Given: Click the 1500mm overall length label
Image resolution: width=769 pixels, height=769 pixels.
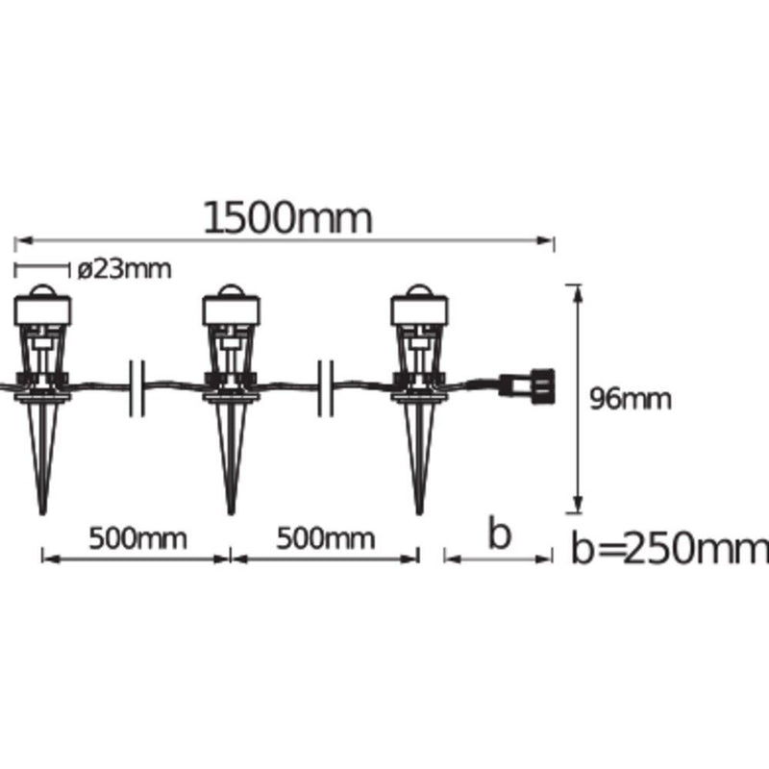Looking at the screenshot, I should point(287,218).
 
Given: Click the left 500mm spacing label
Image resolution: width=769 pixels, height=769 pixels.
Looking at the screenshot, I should point(138,536).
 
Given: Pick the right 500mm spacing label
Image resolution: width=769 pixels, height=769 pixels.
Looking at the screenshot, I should point(326,536).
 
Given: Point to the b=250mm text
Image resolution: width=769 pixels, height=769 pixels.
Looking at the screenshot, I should point(669,549).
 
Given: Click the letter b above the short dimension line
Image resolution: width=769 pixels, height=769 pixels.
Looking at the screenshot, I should point(497,533).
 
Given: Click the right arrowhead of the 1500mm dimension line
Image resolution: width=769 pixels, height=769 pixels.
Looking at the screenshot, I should point(549,239).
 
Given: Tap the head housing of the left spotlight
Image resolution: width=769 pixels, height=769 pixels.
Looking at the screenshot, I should point(43,310).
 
